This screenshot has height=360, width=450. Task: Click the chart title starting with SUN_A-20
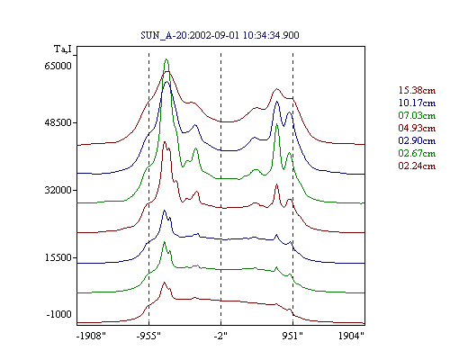tap(220, 35)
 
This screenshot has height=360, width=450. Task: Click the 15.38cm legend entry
tap(417, 90)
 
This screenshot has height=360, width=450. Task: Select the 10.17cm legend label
tap(417, 103)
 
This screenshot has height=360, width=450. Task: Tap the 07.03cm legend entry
tap(417, 115)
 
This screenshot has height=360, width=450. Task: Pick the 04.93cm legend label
tap(417, 128)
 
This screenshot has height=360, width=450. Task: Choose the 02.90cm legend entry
tap(417, 140)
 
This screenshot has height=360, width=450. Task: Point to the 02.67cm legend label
tap(417, 153)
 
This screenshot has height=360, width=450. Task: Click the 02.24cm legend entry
tap(417, 166)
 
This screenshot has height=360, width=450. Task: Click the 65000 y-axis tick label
tap(58, 66)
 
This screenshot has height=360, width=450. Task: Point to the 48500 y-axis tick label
tap(58, 122)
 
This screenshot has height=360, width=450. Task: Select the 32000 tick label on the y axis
tap(58, 190)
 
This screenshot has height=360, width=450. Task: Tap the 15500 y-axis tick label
tap(58, 257)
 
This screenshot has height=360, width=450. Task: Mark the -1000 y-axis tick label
tap(59, 314)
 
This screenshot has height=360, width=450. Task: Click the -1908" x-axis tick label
tap(91, 336)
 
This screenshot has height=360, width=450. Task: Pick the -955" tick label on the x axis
tap(148, 336)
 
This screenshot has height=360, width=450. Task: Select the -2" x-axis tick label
tap(220, 336)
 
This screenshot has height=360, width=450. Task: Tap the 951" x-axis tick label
tap(292, 336)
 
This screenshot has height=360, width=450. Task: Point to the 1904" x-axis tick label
tap(351, 336)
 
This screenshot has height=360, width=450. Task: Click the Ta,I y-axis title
tap(63, 49)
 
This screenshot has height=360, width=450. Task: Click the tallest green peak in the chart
tap(166, 59)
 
